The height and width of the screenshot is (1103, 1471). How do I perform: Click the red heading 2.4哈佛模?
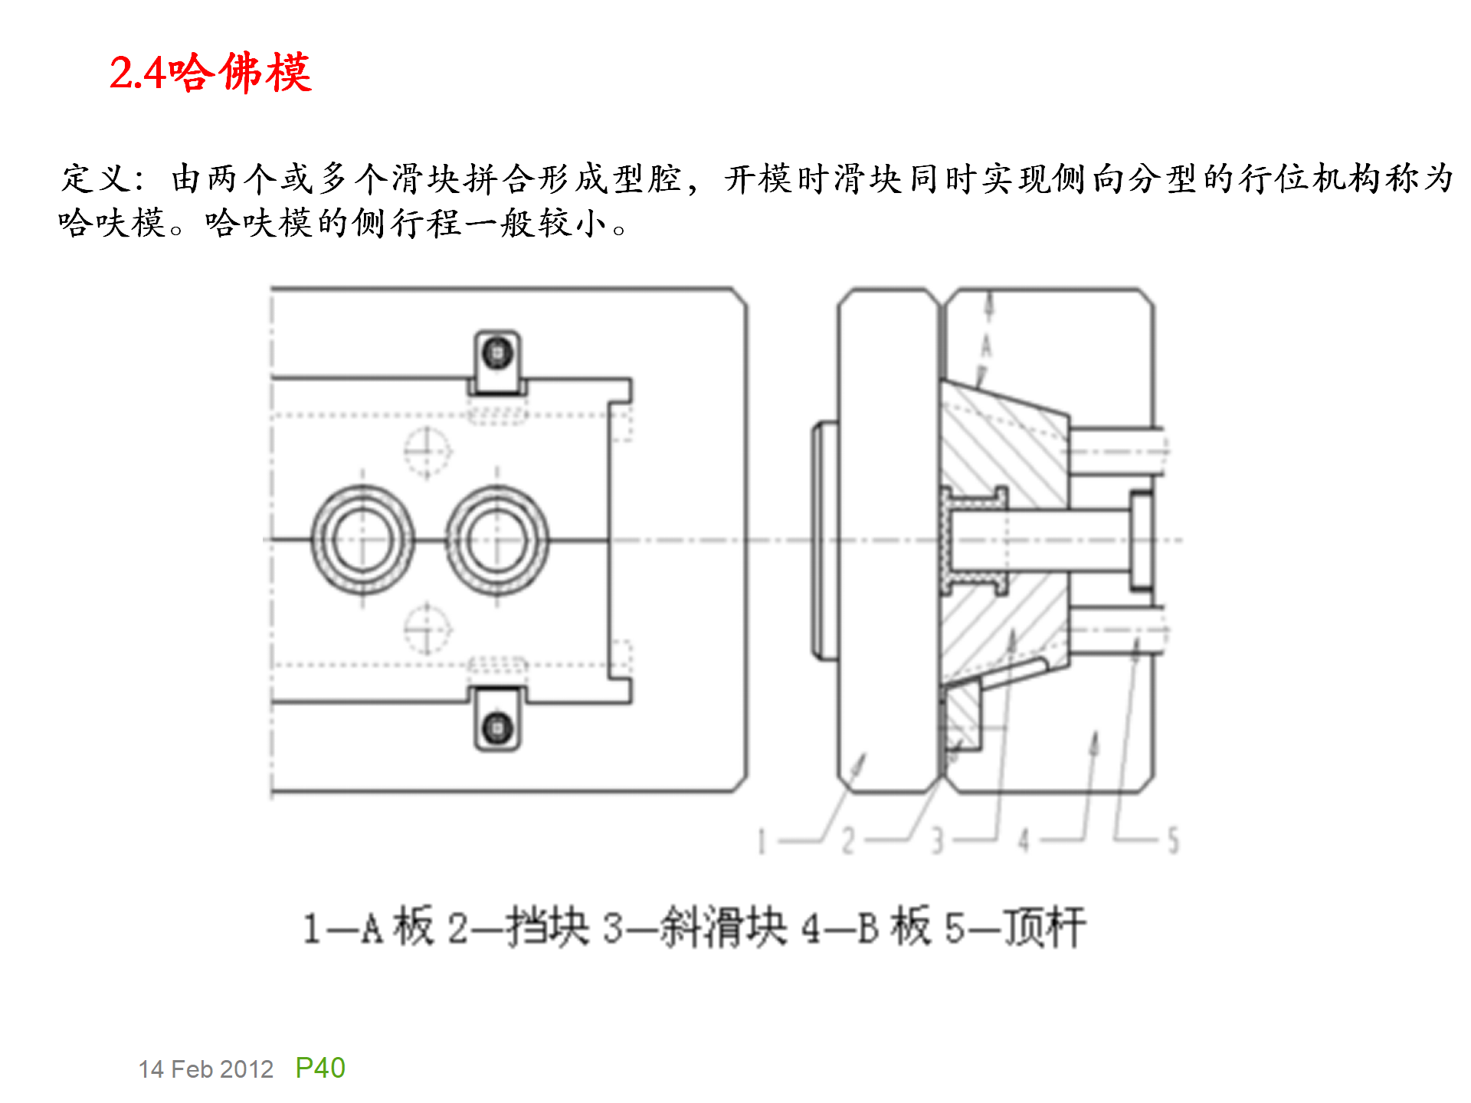coord(210,73)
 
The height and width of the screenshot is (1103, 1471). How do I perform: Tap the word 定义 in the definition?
coord(97,178)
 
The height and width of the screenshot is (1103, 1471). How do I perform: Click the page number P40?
coord(320,1067)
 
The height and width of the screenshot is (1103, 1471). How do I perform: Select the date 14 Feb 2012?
coord(205,1069)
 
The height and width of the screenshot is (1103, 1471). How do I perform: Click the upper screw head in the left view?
coord(497,353)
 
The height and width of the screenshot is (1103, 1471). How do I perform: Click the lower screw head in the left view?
coord(497,726)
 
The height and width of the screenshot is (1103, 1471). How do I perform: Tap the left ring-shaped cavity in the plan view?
coord(362,541)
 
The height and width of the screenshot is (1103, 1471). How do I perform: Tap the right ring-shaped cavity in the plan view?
coord(497,541)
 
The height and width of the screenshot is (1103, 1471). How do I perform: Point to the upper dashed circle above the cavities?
coord(427,452)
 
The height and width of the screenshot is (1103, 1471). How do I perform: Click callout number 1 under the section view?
coord(762,841)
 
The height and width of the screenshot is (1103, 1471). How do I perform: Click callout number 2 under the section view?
coord(847,841)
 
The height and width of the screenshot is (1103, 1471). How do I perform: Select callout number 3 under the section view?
coord(936,841)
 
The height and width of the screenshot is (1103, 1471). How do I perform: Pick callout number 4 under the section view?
coord(1024,841)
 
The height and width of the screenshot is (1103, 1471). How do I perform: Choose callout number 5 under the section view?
coord(1172,841)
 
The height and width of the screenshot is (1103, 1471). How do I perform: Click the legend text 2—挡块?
coord(518,927)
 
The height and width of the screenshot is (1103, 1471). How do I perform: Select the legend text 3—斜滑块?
coord(694,927)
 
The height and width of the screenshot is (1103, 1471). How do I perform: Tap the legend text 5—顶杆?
coord(1014,927)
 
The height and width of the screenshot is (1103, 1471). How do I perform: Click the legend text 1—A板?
coord(369,927)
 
